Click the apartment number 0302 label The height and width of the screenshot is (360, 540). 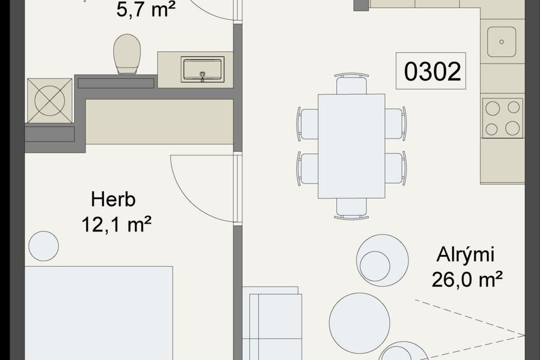(432, 71)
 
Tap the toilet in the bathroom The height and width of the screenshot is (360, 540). (127, 54)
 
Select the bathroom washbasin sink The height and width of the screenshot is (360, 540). (203, 69)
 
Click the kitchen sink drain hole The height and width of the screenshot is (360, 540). (502, 42)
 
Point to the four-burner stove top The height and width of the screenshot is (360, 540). (503, 118)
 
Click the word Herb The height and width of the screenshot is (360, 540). (113, 200)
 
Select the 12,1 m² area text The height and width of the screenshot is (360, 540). (116, 224)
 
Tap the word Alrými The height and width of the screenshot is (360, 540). (465, 255)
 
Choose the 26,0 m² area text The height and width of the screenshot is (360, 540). (467, 279)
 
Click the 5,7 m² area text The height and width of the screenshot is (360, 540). (146, 9)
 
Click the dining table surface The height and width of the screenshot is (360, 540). (351, 146)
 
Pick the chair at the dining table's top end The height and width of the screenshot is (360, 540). (351, 83)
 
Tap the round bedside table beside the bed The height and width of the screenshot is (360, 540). (44, 246)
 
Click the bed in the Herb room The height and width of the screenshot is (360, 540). (99, 313)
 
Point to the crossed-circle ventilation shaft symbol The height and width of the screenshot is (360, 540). (50, 100)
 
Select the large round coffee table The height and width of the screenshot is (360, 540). (359, 323)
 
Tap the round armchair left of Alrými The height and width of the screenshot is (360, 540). (382, 260)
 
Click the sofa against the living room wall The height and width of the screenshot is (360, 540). (272, 323)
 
